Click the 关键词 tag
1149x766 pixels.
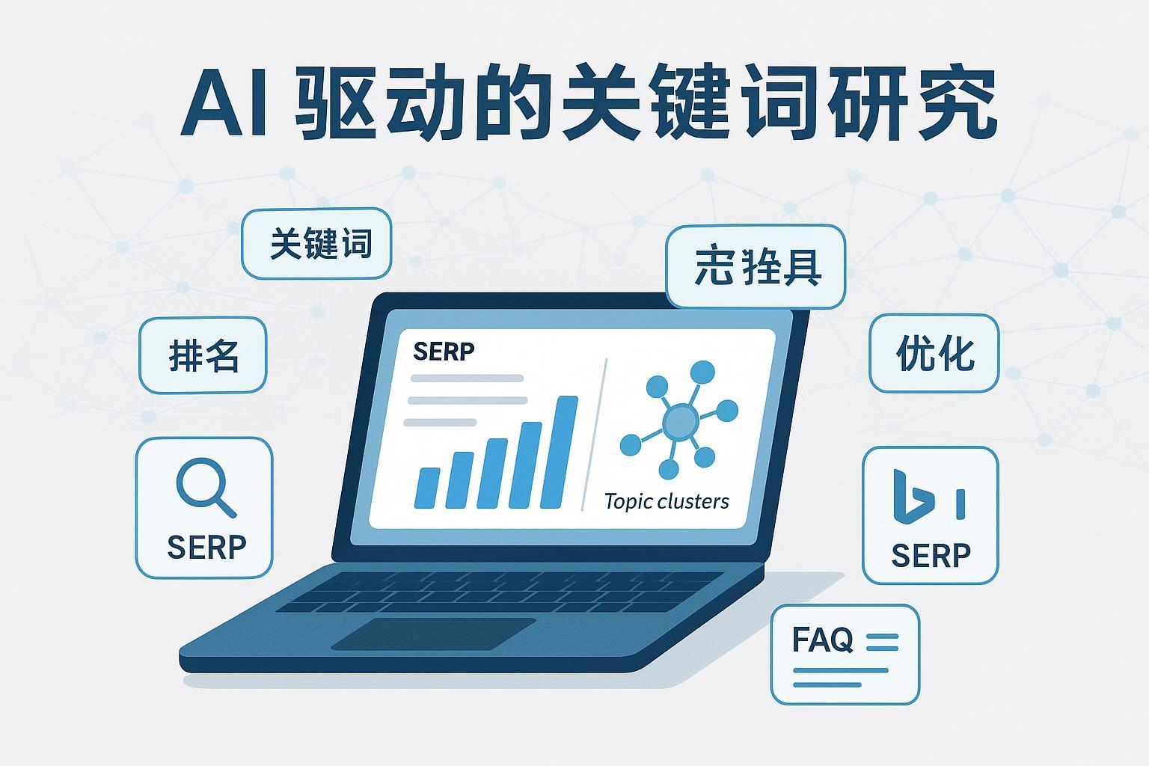tap(316, 244)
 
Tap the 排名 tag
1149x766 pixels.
tap(203, 355)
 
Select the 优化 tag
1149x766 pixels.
tap(934, 353)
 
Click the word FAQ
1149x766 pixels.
tap(822, 640)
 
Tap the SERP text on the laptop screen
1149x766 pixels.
tap(444, 351)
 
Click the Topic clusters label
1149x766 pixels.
tap(666, 500)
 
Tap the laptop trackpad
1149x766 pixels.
tap(433, 634)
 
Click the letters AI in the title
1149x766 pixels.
tap(224, 107)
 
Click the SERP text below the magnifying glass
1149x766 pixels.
tap(206, 548)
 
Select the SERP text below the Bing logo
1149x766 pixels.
tap(931, 555)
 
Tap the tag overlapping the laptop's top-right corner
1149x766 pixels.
tap(756, 267)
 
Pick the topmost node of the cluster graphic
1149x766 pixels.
tap(702, 372)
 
